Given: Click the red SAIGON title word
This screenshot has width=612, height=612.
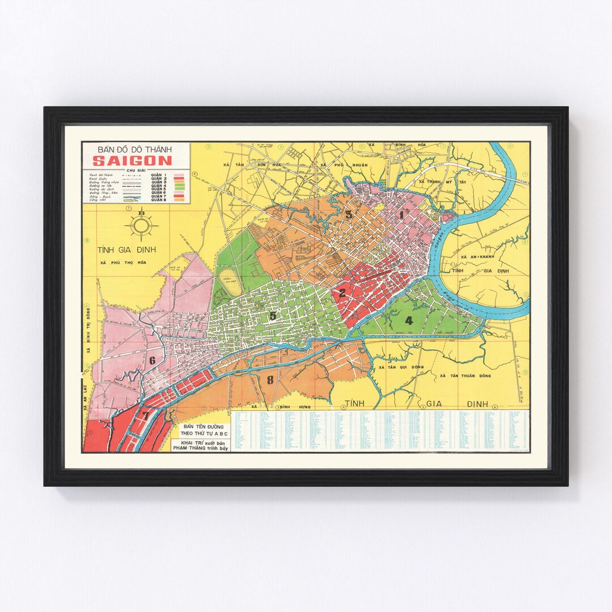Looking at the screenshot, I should click(x=132, y=160).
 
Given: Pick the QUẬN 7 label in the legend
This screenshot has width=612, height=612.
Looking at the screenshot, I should click(x=158, y=195).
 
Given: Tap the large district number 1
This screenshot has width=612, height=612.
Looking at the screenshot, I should click(x=402, y=215).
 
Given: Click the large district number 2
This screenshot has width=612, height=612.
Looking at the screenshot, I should click(x=342, y=293).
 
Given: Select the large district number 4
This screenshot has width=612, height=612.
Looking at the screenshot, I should click(x=409, y=320).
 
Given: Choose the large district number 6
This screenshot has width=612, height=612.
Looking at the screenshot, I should click(x=152, y=360).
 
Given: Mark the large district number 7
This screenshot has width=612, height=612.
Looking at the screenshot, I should click(x=146, y=415).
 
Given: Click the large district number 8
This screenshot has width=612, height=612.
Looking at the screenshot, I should click(x=270, y=380).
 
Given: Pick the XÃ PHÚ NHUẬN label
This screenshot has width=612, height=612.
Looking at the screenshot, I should click(x=343, y=165).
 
